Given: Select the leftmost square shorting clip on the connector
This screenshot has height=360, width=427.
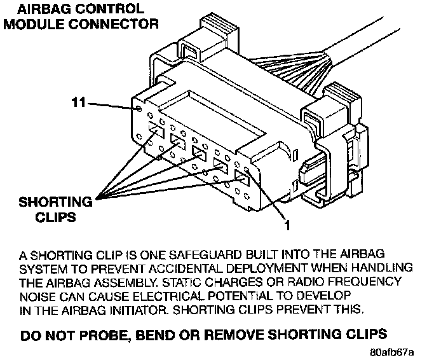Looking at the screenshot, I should tap(156, 131).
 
